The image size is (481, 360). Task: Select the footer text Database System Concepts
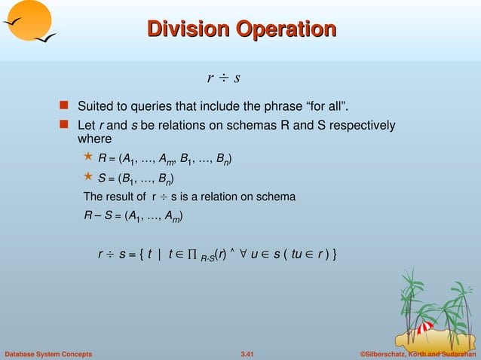[x=48, y=353]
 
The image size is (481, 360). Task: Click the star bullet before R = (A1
[x=87, y=157]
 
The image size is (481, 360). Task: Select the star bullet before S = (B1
[x=87, y=178]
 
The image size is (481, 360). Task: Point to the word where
[x=94, y=139]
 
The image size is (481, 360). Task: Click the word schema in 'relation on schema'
[x=277, y=197]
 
